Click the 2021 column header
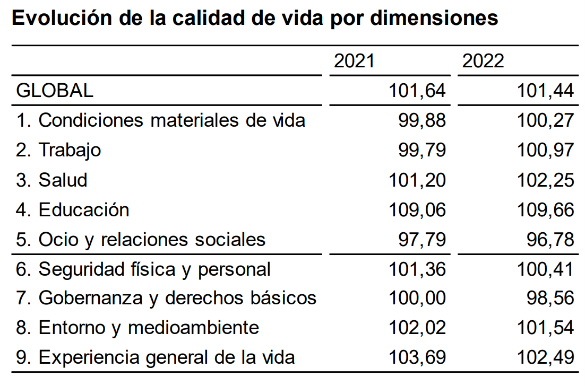click(354, 61)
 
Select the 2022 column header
click(483, 61)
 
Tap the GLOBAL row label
click(55, 91)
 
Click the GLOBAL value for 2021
click(417, 91)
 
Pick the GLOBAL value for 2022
click(546, 91)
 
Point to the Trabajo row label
click(58, 150)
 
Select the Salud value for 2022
click(546, 180)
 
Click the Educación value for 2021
click(417, 209)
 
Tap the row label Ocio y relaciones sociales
click(141, 239)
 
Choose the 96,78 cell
click(551, 239)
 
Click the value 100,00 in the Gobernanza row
click(417, 298)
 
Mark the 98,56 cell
click(551, 298)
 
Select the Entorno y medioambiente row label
click(137, 328)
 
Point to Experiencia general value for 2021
click(417, 357)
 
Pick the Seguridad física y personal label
click(143, 269)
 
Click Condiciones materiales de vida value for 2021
click(423, 120)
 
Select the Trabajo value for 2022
click(546, 150)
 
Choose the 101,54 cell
click(546, 328)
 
